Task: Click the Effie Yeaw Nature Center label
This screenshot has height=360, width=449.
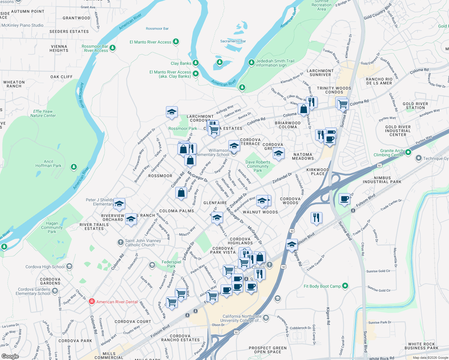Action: pos(43,113)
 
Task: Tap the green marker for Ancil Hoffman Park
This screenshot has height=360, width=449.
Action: pos(74,167)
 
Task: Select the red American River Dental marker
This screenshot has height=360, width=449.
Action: pos(92,302)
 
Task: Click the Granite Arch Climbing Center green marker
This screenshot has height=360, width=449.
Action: pos(408,152)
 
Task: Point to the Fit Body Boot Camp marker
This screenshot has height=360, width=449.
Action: pos(345,286)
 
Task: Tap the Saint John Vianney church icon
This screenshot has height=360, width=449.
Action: pos(120,242)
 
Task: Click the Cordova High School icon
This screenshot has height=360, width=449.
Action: pos(69,266)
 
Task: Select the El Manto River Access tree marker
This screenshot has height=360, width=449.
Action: pos(176,42)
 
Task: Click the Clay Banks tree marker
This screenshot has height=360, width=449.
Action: pos(196,63)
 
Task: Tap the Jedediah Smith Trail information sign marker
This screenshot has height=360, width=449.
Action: pos(251,62)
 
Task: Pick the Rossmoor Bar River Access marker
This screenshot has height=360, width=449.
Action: pos(113,48)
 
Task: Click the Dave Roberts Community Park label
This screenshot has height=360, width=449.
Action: pos(258,166)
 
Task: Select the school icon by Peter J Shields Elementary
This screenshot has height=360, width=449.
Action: pos(119,204)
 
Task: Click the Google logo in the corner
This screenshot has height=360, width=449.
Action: pos(10,356)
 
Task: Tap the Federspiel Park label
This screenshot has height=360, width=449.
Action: pos(171,264)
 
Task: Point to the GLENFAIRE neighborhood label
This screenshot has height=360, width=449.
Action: pos(215,203)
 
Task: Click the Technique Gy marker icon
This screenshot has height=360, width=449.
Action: pos(418,158)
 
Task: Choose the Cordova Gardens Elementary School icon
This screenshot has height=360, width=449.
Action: pos(55,291)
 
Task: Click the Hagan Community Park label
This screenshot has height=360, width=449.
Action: pos(52,227)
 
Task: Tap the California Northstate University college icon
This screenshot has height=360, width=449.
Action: pos(266,318)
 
